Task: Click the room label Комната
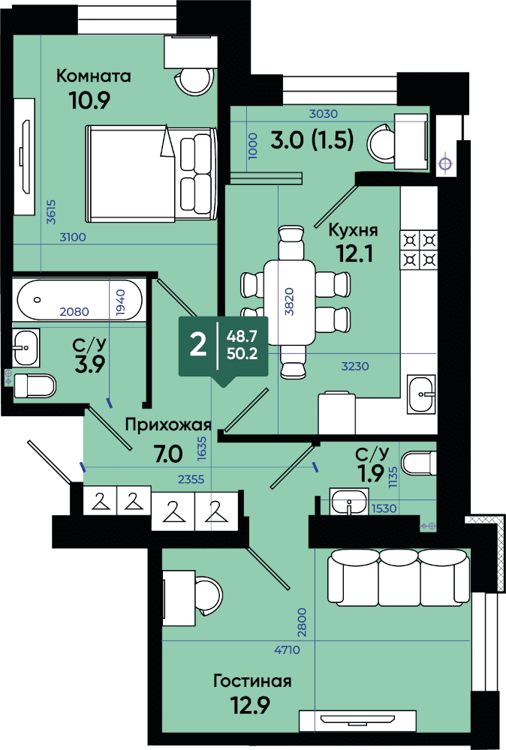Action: click(x=93, y=76)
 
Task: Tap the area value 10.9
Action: click(x=89, y=100)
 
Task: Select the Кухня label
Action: click(x=353, y=230)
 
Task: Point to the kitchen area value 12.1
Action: click(x=355, y=253)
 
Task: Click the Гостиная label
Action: click(x=252, y=681)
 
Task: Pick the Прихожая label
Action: click(x=168, y=424)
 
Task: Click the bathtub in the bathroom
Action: click(x=80, y=300)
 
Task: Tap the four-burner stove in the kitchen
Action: click(x=419, y=249)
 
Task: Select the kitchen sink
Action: click(x=421, y=394)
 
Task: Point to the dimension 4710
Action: click(x=288, y=649)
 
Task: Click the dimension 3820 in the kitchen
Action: click(x=290, y=301)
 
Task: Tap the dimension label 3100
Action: click(x=73, y=237)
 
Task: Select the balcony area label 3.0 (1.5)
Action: click(x=312, y=140)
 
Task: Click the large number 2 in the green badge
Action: click(x=197, y=344)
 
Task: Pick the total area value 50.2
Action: click(x=242, y=353)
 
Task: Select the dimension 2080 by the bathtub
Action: click(x=74, y=312)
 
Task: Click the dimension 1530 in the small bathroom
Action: click(x=384, y=508)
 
